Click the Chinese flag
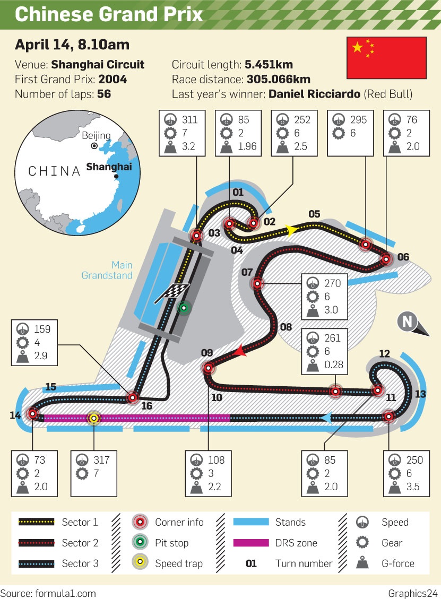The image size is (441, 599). click(x=386, y=58)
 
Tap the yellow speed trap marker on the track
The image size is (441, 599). click(x=93, y=418)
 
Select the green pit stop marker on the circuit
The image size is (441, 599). click(x=184, y=308)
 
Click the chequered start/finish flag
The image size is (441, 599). click(x=172, y=293)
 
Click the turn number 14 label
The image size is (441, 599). click(x=15, y=415)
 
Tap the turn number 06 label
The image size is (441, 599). click(x=403, y=257)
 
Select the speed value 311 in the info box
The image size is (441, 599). click(x=189, y=120)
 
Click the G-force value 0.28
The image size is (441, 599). click(x=334, y=364)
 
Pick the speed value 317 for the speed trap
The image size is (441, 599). click(x=101, y=460)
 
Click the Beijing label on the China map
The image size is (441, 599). click(x=96, y=135)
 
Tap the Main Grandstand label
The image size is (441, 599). click(x=107, y=270)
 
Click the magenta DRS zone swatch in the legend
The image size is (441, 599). click(x=250, y=542)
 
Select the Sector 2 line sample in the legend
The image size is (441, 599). click(x=36, y=542)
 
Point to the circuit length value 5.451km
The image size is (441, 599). click(x=269, y=65)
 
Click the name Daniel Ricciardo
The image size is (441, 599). click(x=314, y=94)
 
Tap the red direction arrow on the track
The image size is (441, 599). click(x=240, y=351)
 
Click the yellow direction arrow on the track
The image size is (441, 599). click(x=291, y=230)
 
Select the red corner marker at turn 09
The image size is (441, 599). click(x=208, y=368)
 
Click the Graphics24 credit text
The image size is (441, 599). click(x=413, y=593)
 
